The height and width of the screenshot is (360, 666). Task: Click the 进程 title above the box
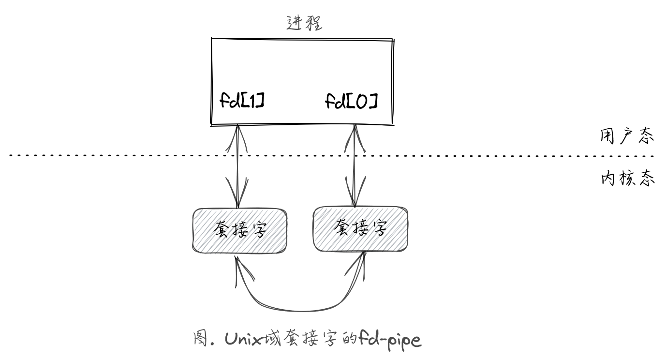click(304, 22)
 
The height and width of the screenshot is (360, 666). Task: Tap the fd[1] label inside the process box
click(242, 101)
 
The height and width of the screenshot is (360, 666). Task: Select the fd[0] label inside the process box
click(351, 101)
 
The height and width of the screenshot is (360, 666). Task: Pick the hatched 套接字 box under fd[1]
click(240, 230)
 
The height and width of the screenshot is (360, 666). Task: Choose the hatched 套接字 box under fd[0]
click(360, 229)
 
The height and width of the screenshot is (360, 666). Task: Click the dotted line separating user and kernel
click(435, 156)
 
